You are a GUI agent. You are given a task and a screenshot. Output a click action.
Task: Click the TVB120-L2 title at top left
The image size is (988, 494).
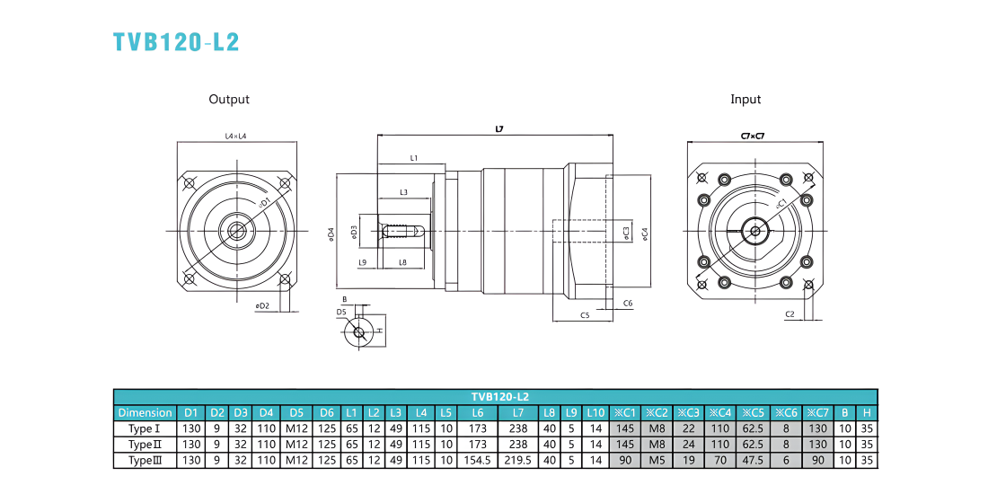pyautogui.click(x=176, y=41)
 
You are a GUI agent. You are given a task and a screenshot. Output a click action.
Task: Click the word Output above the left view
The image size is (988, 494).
pyautogui.click(x=229, y=99)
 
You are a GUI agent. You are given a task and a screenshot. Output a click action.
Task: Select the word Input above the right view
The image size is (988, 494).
pyautogui.click(x=745, y=99)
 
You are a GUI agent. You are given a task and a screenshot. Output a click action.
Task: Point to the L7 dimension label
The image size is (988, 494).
pyautogui.click(x=499, y=129)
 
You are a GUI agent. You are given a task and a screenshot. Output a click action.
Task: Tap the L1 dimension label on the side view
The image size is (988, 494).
pyautogui.click(x=414, y=158)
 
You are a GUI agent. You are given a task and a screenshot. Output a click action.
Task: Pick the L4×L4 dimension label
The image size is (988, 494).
pyautogui.click(x=236, y=136)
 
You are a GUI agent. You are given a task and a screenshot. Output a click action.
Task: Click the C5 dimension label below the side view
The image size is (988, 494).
pyautogui.click(x=584, y=315)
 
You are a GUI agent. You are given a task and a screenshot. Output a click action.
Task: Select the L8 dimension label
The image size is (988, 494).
pyautogui.click(x=402, y=262)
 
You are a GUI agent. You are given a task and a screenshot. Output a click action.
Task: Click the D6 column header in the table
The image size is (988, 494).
pyautogui.click(x=326, y=413)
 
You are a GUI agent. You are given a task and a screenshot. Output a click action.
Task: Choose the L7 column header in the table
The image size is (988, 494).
pyautogui.click(x=518, y=413)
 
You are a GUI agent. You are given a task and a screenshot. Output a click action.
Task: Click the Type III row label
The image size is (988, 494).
pyautogui.click(x=145, y=460)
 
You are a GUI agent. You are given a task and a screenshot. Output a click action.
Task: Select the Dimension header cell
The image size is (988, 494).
pyautogui.click(x=145, y=413)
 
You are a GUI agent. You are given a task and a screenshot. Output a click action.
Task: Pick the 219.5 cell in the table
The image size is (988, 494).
pyautogui.click(x=518, y=460)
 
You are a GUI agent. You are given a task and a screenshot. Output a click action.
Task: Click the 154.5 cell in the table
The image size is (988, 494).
pyautogui.click(x=477, y=460)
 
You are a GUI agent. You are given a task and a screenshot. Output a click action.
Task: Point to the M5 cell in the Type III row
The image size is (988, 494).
pyautogui.click(x=657, y=460)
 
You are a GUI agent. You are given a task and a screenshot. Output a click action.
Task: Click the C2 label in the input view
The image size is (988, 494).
pyautogui.click(x=790, y=313)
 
